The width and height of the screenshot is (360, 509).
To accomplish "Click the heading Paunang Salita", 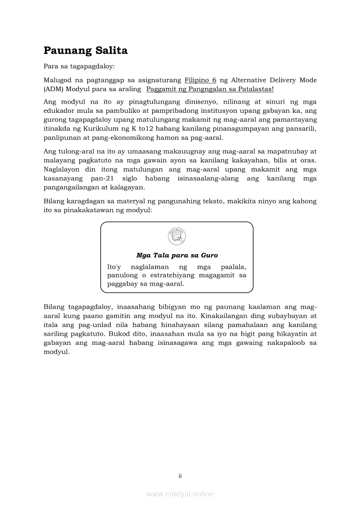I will [x=85, y=51].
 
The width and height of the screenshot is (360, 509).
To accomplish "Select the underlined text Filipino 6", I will [x=200, y=80].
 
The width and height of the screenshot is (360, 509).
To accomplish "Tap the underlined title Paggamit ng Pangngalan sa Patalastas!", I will [x=210, y=89].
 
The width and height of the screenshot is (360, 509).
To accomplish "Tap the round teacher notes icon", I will [x=177, y=236].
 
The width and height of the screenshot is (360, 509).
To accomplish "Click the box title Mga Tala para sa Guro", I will [x=177, y=255].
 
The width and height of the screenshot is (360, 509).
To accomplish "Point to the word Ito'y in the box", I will [x=115, y=267].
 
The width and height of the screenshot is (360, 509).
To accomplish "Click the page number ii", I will [x=180, y=475].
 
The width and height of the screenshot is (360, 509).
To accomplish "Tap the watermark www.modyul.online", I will [x=180, y=494].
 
